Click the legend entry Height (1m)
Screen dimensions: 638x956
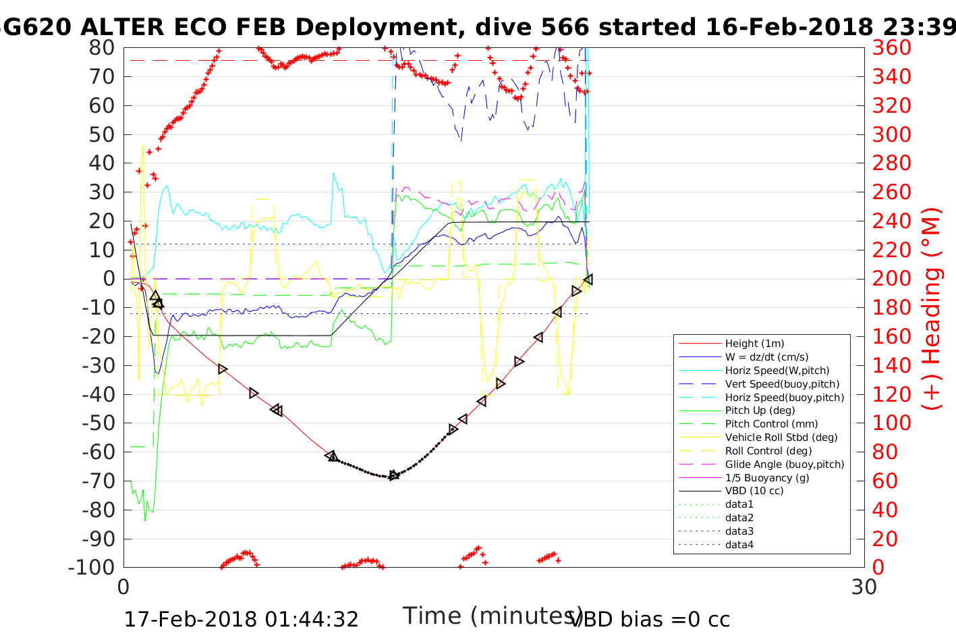coord(754,344)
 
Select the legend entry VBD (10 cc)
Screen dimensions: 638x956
coord(754,491)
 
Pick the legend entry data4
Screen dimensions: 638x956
coord(739,544)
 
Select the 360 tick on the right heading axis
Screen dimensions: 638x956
coord(891,48)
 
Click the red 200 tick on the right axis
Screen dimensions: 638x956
coord(891,279)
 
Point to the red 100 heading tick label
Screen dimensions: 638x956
coord(891,423)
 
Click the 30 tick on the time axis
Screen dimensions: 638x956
coord(864,587)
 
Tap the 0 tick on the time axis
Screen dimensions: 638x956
coord(123,587)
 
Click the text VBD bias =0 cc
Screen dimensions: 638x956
coord(650,619)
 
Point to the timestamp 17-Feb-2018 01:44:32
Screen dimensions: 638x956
coord(241,619)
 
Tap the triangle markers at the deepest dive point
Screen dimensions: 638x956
coord(394,475)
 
